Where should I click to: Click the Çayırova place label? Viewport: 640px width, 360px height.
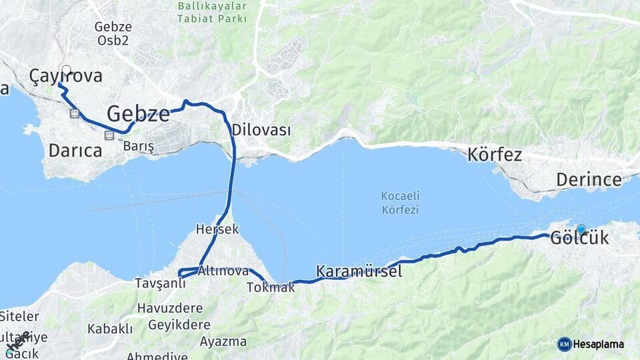pyautogui.click(x=66, y=77)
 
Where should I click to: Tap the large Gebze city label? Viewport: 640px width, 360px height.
pyautogui.click(x=138, y=113)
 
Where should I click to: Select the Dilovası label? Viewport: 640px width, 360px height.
pyautogui.click(x=261, y=131)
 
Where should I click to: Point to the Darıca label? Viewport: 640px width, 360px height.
pyautogui.click(x=75, y=151)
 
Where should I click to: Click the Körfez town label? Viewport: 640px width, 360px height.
pyautogui.click(x=495, y=155)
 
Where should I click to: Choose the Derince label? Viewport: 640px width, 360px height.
pyautogui.click(x=589, y=179)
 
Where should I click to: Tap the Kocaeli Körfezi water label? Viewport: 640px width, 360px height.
pyautogui.click(x=399, y=203)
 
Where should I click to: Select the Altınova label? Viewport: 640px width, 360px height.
pyautogui.click(x=223, y=271)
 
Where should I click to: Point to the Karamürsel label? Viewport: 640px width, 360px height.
pyautogui.click(x=359, y=271)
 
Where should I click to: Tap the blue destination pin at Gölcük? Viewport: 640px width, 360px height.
pyautogui.click(x=581, y=229)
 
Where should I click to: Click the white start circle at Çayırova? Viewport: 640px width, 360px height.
pyautogui.click(x=66, y=69)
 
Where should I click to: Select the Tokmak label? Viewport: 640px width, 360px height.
pyautogui.click(x=270, y=287)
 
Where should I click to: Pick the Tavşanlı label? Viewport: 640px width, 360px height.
pyautogui.click(x=159, y=283)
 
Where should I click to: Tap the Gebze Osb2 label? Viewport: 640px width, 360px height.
pyautogui.click(x=113, y=33)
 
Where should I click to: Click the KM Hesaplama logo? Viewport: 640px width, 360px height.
pyautogui.click(x=591, y=344)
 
